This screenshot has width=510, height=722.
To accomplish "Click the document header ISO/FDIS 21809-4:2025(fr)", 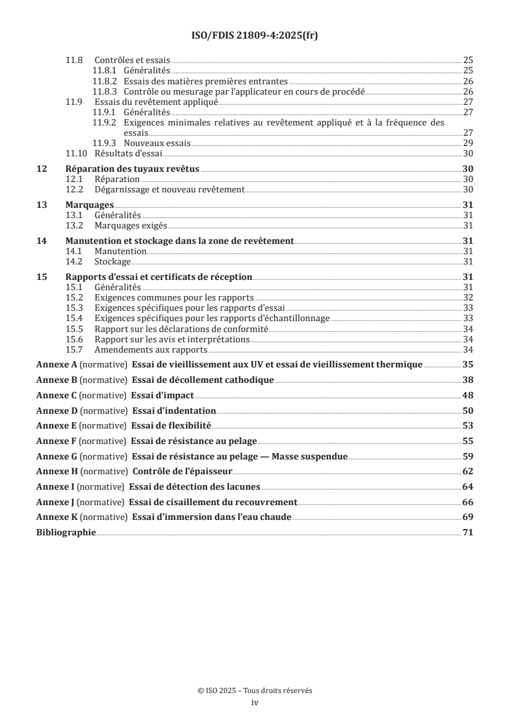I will [x=255, y=36].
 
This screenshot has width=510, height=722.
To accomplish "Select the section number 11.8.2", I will [x=105, y=82].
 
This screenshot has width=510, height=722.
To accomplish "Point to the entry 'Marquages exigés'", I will [x=131, y=225].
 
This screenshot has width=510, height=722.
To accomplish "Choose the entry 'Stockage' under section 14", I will [x=113, y=262].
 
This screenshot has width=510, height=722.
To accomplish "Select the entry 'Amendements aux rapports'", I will [x=150, y=349].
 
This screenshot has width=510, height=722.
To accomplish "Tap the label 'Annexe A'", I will [x=56, y=364].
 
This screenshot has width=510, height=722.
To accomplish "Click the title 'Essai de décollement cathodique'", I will [x=203, y=380].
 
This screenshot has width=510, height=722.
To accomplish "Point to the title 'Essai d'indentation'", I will [x=174, y=410].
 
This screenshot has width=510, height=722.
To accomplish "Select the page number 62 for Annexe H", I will [x=468, y=472].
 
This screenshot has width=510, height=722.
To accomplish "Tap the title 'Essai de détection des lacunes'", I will [x=195, y=486].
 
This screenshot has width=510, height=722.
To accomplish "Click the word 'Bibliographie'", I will [x=66, y=533].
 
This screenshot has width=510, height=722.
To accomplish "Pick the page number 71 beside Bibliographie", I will [x=468, y=533].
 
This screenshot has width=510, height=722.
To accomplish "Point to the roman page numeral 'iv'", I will [x=255, y=703].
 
